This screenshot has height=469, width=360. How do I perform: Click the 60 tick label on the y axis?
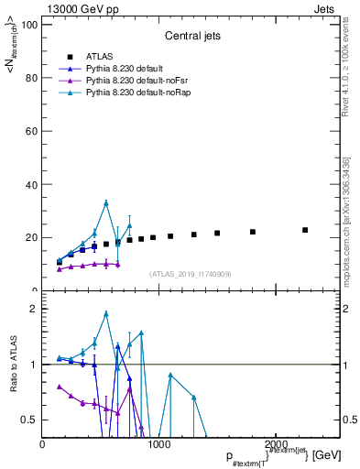coord(31,131)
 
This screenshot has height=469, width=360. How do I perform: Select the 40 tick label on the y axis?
coord(31,184)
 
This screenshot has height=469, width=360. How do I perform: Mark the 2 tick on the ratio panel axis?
coord(34,309)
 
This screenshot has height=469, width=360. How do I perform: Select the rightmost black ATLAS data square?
coord(305,230)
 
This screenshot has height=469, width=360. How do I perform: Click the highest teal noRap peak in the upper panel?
coord(106,202)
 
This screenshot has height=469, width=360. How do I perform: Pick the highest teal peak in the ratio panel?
coord(106,313)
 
